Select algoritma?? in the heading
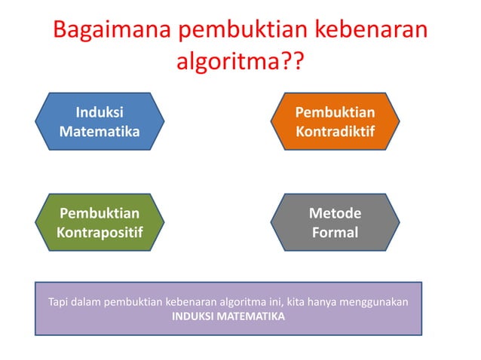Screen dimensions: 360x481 [x=240, y=63]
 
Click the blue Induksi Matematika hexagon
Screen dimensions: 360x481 [x=100, y=121]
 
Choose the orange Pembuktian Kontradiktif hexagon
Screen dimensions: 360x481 [x=335, y=121]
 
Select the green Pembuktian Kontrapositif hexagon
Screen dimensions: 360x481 [x=100, y=223]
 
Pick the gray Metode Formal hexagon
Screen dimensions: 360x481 [x=335, y=223]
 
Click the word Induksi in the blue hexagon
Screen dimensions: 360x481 [x=100, y=112]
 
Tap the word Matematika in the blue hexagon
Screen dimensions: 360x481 [x=100, y=131]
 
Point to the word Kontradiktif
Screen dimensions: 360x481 [x=335, y=131]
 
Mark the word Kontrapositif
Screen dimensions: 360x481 [x=100, y=233]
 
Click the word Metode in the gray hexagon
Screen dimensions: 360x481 [x=335, y=213]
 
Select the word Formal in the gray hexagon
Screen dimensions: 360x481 [x=335, y=233]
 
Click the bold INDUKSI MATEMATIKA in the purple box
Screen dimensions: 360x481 [x=228, y=316]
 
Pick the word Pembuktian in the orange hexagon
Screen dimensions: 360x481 [x=335, y=112]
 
